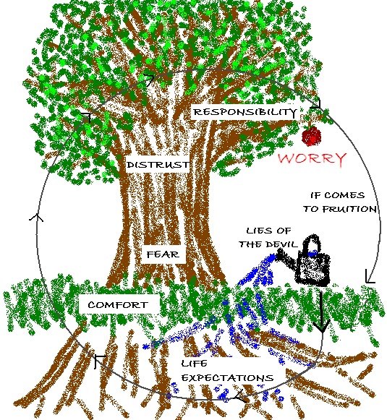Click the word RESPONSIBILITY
pos(245,112)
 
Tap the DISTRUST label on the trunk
pos(158,165)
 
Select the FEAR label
pos(163,254)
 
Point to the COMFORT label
pos(118,305)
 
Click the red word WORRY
pos(312,158)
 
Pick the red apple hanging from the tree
pos(312,136)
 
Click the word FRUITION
pos(349,209)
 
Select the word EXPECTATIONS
pos(228,378)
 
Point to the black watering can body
pos(312,269)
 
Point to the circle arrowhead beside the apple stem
pos(315,105)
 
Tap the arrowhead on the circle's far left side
pos(36,218)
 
